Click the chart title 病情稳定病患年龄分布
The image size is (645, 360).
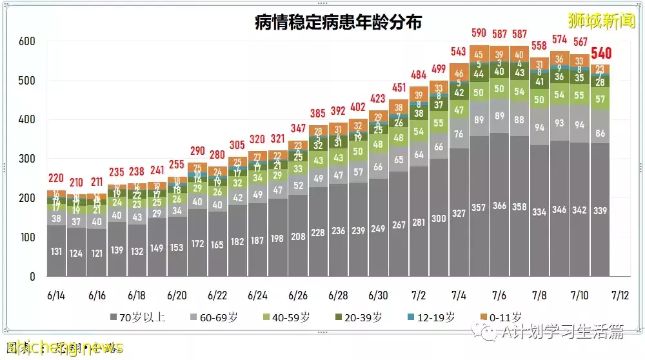[x=338, y=23]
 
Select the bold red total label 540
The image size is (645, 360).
[x=600, y=54]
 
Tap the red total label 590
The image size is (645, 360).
[x=479, y=32]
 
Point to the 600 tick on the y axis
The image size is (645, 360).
[x=28, y=41]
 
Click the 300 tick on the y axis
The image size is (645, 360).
[x=28, y=159]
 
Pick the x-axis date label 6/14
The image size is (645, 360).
[x=57, y=295]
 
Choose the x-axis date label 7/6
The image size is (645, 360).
[x=499, y=295]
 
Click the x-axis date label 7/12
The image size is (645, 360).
[x=619, y=295]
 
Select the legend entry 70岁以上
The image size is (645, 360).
[x=139, y=317]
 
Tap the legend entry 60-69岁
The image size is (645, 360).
[x=215, y=317]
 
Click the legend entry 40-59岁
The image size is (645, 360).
[x=290, y=317]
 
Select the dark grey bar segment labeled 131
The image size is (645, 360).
[x=57, y=251]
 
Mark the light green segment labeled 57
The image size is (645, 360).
[x=600, y=99]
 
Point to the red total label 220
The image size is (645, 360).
[x=57, y=179]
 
